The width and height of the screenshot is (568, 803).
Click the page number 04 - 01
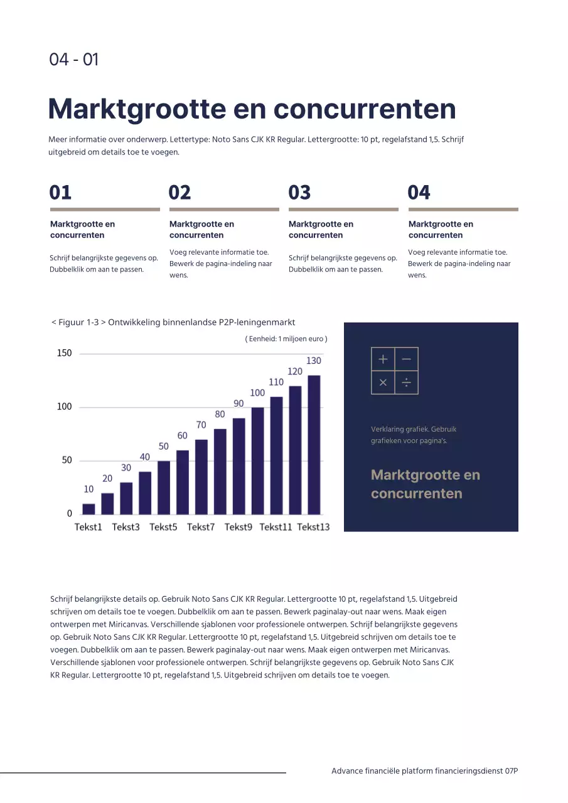74,60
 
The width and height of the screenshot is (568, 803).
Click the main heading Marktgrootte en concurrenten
252,109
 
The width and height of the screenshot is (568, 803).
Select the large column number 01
61,193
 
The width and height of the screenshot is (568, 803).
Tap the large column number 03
299,193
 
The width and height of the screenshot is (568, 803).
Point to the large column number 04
419,193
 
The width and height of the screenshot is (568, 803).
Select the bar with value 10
88,509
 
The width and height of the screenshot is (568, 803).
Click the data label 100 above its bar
257,393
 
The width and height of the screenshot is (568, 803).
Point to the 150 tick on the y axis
65,353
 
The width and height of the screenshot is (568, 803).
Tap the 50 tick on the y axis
67,460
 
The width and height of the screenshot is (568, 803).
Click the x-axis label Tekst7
201,527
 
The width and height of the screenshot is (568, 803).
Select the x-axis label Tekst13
313,527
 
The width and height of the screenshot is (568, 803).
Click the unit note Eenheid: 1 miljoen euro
286,339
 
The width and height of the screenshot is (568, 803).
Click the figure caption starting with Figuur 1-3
173,322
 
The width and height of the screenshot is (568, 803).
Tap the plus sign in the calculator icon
383,359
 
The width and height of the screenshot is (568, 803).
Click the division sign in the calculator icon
406,382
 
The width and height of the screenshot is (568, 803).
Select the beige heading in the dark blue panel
425,484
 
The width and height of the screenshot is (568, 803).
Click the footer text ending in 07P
424,771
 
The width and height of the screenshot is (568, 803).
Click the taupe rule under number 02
224,210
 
